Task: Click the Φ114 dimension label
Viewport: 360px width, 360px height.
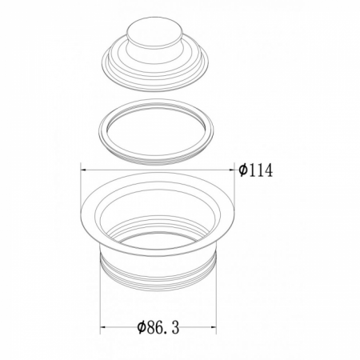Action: click(x=255, y=170)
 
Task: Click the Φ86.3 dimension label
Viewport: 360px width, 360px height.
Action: click(x=158, y=327)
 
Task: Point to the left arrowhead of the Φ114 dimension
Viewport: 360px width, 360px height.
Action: click(x=83, y=170)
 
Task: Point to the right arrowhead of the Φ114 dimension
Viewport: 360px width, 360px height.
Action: click(x=231, y=170)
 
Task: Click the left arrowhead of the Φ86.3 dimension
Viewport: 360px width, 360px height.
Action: click(x=103, y=327)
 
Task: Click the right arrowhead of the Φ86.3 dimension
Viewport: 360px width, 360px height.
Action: click(x=214, y=327)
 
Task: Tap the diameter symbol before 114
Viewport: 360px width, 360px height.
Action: click(x=243, y=170)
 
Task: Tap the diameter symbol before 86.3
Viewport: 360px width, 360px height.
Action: click(x=142, y=327)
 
